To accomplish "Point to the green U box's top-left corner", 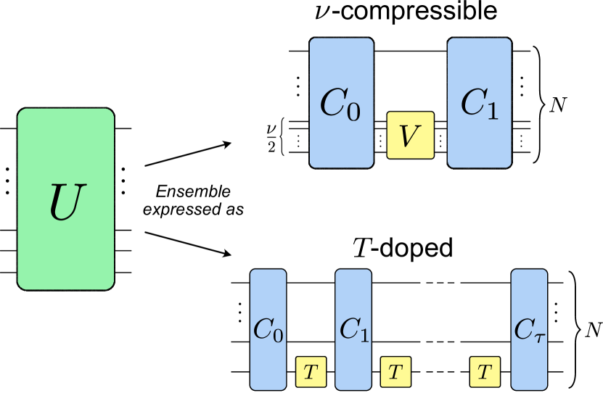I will (x=20, y=110).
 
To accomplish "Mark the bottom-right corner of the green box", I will (x=112, y=288).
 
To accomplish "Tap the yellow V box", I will (x=410, y=136).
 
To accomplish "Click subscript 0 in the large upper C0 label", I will (x=353, y=114).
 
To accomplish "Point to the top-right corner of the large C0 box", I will (x=372, y=40).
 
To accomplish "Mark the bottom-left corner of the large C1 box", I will (x=449, y=166).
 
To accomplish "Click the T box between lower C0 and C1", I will (x=311, y=373).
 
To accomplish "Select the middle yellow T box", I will (x=395, y=373).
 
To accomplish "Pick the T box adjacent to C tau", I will (x=485, y=373).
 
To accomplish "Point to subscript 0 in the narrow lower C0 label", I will (x=279, y=335).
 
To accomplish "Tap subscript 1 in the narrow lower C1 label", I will (x=364, y=335).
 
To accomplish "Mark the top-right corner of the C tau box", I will (x=546, y=271).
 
